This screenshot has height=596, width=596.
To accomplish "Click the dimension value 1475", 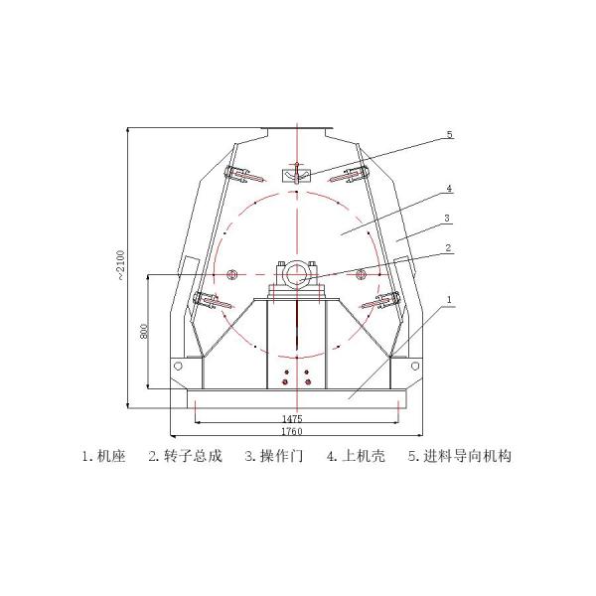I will click(x=291, y=420).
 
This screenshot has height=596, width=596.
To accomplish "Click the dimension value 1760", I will click(x=291, y=432).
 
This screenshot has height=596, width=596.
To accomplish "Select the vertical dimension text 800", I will click(x=144, y=331).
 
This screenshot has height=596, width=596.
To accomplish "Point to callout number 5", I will click(x=449, y=134).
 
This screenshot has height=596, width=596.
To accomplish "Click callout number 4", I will click(x=449, y=187).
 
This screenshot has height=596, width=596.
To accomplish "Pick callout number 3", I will click(x=448, y=218).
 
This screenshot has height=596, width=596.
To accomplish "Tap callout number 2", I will click(x=448, y=248).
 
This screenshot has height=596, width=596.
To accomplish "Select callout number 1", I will click(x=449, y=298).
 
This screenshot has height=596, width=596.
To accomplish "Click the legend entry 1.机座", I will click(x=103, y=457).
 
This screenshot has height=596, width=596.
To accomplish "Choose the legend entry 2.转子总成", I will click(x=185, y=457).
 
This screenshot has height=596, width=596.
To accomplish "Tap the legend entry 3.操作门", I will click(x=271, y=457).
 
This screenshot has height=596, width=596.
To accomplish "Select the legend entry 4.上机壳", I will click(x=355, y=457).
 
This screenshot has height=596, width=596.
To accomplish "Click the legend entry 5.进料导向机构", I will click(x=459, y=457).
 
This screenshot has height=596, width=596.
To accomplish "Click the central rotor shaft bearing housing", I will click(x=297, y=273).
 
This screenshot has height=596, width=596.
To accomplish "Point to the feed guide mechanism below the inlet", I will click(x=297, y=176).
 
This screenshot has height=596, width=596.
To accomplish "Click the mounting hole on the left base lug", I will click(x=180, y=367).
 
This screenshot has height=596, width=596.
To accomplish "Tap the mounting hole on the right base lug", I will click(x=414, y=367).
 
